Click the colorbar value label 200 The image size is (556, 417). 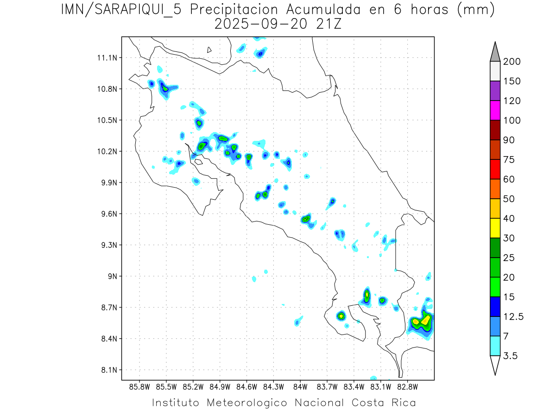(512, 62)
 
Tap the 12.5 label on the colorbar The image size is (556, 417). (513, 316)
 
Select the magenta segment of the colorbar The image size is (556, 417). (495, 111)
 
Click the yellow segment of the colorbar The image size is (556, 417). (495, 228)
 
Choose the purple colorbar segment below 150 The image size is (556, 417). (495, 91)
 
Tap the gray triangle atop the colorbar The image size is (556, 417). (495, 52)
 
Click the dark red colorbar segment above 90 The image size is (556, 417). (495, 130)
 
